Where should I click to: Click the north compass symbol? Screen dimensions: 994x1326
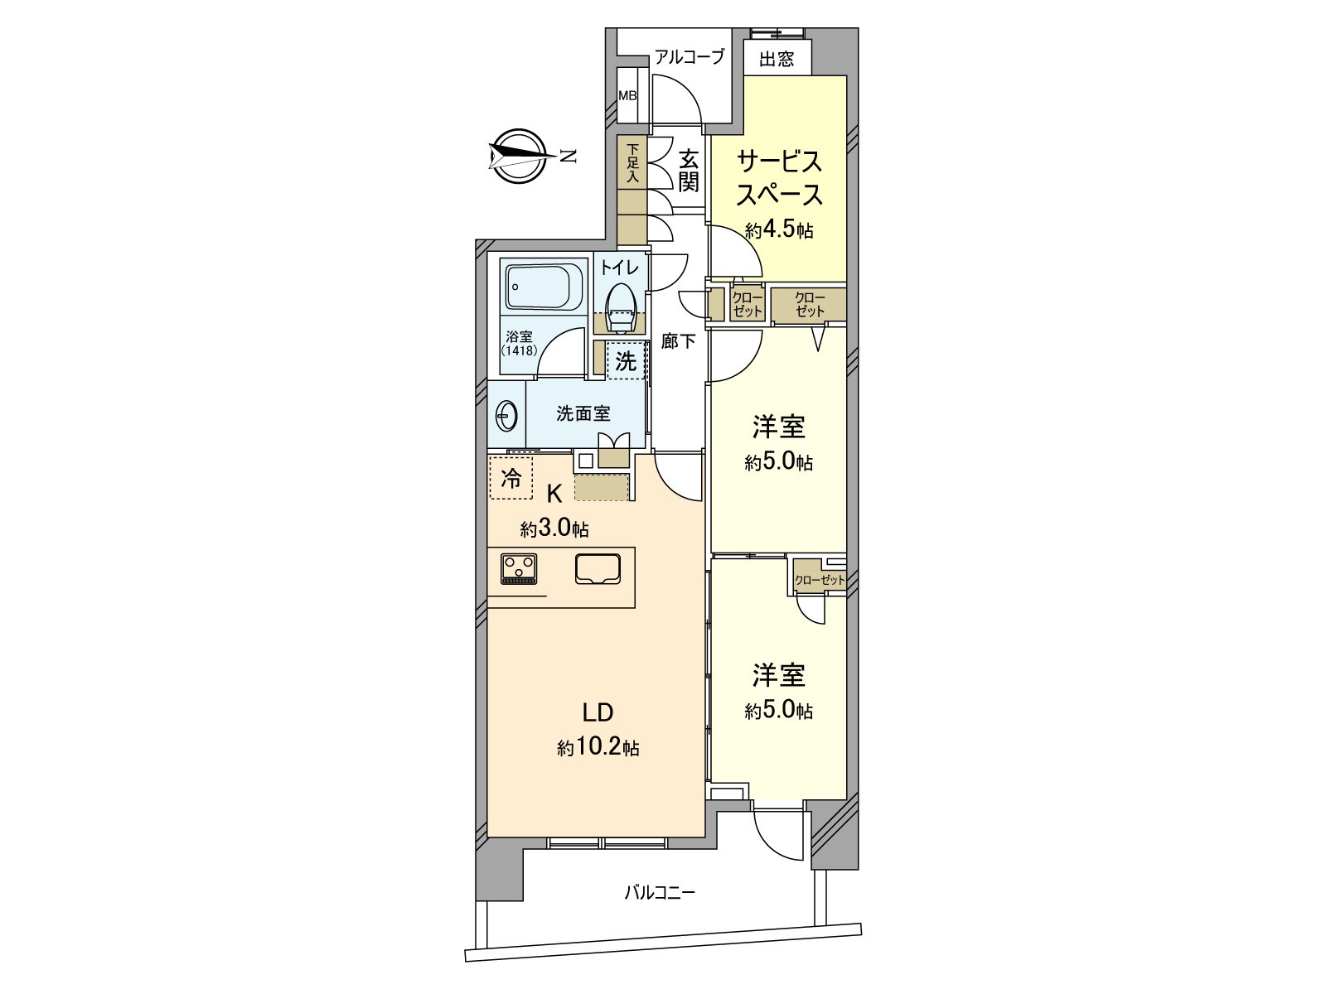pos(520,156)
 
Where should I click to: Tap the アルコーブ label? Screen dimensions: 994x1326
pos(689,57)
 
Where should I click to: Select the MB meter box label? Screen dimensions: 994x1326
pos(627,95)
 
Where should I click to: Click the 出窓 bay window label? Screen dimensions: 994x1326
pos(777,59)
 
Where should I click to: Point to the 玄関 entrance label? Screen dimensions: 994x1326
pos(689,171)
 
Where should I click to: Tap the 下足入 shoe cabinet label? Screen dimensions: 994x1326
pos(632,163)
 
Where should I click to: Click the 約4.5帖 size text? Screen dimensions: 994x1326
pos(778,229)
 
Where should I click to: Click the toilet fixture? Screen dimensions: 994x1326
pos(618,305)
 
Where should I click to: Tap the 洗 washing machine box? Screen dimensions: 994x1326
pos(626,361)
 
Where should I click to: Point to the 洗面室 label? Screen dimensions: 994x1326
pos(583,413)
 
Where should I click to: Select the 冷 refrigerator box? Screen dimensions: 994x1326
pos(511,478)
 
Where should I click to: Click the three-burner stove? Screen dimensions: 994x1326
pos(520,568)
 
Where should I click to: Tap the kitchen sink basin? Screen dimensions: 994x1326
pos(598,567)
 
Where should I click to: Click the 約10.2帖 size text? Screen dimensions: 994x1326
pos(598,748)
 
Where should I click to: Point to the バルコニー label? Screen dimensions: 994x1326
pos(660,892)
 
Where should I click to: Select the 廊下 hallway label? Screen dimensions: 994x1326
pos(678,340)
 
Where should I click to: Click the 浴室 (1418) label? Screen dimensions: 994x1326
pos(519,343)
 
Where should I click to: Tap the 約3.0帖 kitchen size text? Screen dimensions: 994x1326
pos(554,528)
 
